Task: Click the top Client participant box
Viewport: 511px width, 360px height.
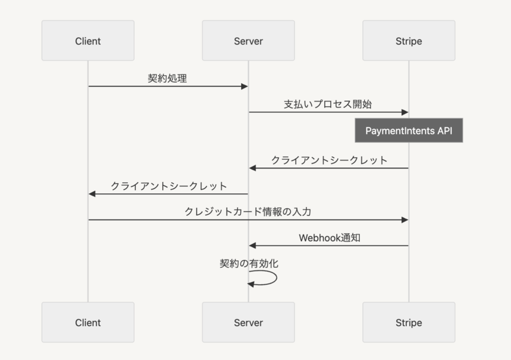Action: pos(88,40)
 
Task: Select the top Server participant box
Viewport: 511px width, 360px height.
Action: pos(249,40)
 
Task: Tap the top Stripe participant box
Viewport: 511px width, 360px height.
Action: pos(409,40)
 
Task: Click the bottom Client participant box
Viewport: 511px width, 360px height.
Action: pos(88,322)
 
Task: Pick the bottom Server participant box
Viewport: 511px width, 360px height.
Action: pos(249,322)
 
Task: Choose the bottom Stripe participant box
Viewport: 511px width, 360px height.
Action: pos(409,322)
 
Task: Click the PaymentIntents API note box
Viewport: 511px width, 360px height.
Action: pos(409,130)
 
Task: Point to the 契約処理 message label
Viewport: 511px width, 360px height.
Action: pos(167,78)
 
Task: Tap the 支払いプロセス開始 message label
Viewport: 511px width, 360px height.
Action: pos(328,104)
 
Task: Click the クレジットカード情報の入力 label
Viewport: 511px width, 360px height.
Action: pos(248,212)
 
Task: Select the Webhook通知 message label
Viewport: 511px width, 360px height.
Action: pos(329,238)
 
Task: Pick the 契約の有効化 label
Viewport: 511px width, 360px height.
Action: pos(249,264)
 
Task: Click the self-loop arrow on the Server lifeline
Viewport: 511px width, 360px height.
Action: pos(276,278)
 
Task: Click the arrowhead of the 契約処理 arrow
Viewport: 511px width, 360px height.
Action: pos(245,86)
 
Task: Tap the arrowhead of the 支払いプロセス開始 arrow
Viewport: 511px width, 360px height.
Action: pos(405,112)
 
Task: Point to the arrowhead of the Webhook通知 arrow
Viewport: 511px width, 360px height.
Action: pos(253,246)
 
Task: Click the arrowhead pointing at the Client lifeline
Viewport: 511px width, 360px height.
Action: pos(92,194)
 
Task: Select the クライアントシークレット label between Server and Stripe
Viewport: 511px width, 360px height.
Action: pos(329,160)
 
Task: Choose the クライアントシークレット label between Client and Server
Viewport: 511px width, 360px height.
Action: pos(169,186)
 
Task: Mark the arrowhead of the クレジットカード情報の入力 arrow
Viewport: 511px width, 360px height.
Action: pos(405,220)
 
